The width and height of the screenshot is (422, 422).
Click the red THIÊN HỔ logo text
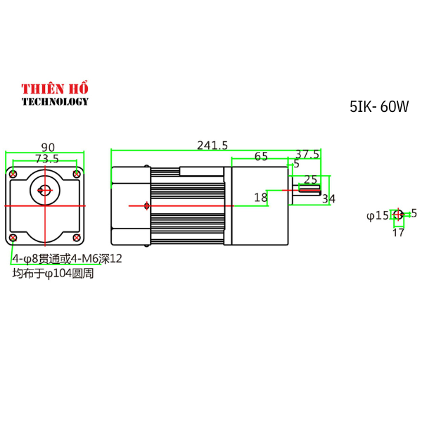(54, 89)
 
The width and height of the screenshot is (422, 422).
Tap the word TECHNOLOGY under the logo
(55, 101)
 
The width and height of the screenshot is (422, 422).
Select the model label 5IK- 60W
(378, 107)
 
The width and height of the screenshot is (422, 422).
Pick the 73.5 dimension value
(46, 159)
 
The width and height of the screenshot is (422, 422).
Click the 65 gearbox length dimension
(261, 157)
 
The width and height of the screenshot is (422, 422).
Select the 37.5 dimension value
(307, 154)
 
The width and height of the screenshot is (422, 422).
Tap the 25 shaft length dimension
(310, 179)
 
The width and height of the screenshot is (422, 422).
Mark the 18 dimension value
(261, 198)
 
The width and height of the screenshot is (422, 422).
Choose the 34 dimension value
(328, 199)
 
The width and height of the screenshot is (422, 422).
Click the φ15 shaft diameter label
(377, 215)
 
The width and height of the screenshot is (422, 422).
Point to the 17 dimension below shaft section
(398, 232)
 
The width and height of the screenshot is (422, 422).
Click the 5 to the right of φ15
(414, 212)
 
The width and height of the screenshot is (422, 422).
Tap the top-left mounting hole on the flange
(13, 174)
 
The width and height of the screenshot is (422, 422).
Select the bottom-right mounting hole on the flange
(76, 238)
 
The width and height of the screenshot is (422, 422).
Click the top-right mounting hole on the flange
(76, 174)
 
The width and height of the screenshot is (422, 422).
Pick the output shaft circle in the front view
(44, 189)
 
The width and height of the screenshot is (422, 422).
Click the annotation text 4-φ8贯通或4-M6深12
(67, 259)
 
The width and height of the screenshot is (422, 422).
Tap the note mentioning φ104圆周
(53, 273)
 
